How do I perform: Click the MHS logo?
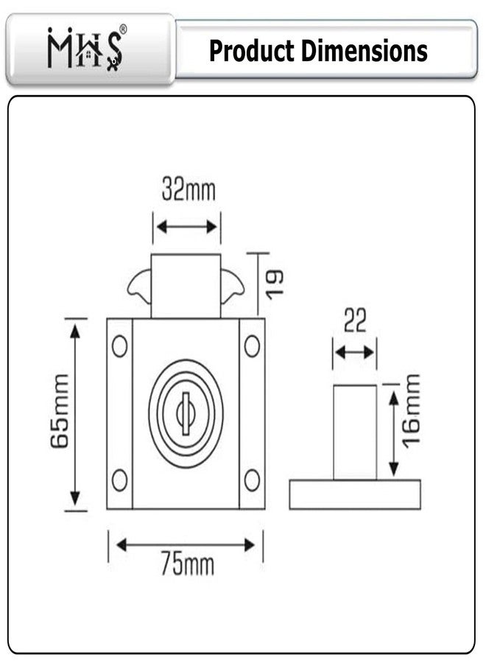coord(85,48)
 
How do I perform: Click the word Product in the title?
coord(251,51)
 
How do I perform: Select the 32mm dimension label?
coord(189,190)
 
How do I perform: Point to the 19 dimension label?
coord(275,284)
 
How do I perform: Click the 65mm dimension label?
coord(59,411)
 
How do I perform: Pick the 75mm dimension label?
coord(188,564)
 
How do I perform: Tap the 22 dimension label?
coord(355,320)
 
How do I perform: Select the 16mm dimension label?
coord(411,411)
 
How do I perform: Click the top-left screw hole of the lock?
coord(120,346)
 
